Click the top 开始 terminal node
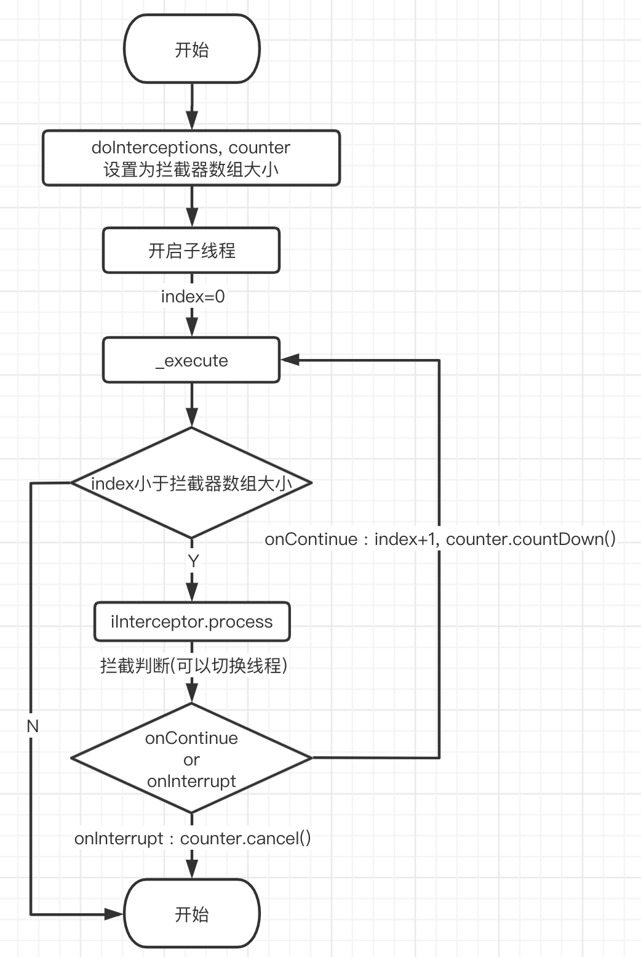[192, 49]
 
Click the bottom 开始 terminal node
[192, 914]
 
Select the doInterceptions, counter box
[191, 158]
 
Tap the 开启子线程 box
[191, 250]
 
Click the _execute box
[191, 360]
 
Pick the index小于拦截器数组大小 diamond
[191, 483]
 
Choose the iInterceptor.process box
[191, 621]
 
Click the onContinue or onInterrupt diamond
[191, 759]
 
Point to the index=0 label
[193, 296]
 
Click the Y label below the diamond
[193, 561]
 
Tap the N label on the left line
[33, 726]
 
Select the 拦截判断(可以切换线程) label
[194, 665]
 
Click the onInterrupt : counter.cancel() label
[193, 838]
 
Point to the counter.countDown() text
[530, 539]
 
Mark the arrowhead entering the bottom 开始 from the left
[115, 915]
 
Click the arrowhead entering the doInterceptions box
[192, 121]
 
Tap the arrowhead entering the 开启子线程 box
[192, 218]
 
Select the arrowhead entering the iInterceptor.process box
[192, 592]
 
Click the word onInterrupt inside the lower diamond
[191, 781]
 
